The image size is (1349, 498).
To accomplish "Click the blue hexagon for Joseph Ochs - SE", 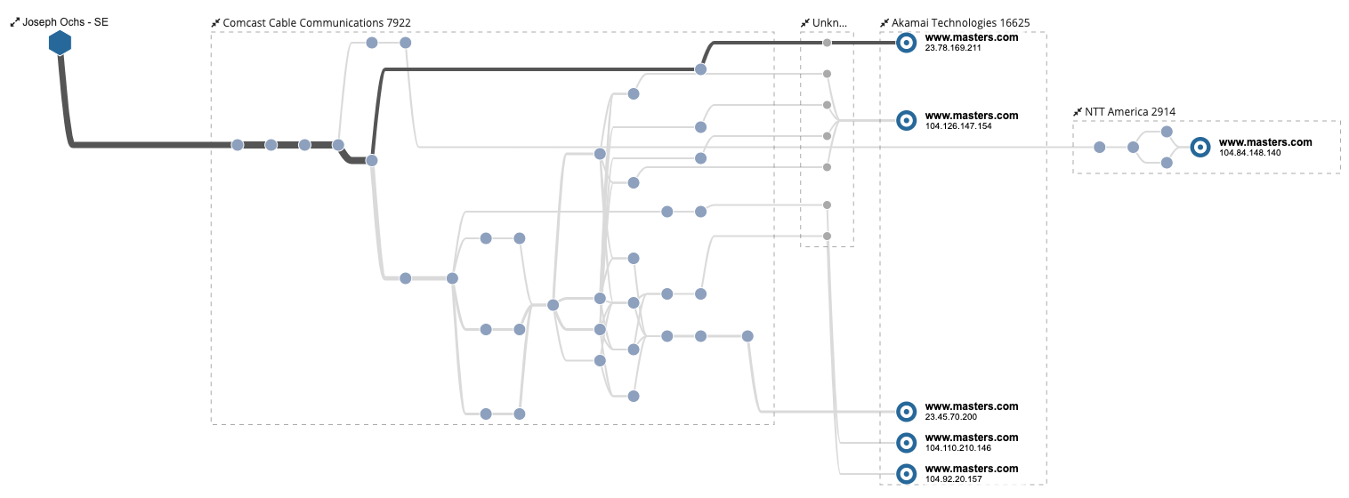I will pos(60,42).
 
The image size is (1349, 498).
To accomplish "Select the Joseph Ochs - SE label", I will pos(65,22).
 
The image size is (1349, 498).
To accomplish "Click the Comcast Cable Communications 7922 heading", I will pos(317,22).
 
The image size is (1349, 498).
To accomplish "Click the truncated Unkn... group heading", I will pos(829,22).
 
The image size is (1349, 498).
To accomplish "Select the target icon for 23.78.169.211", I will pos(906,43).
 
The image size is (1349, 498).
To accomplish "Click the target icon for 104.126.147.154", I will pos(906,120).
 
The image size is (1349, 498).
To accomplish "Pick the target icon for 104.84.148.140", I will pos(1200,147).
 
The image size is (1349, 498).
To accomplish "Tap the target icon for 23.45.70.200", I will pos(906,411).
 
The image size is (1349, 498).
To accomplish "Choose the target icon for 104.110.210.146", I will pos(906,442).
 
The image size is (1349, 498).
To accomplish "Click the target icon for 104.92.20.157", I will pos(906,473).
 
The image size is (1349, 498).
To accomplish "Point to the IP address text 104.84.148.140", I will pos(1250,153).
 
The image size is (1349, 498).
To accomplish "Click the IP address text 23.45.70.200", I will pos(950,417).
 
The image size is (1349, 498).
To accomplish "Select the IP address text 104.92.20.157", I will pos(953,479).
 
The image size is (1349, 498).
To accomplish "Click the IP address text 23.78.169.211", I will pos(953,48).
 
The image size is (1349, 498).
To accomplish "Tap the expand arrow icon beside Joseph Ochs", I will pos(14,22).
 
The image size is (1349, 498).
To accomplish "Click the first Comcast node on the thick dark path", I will pos(238,145).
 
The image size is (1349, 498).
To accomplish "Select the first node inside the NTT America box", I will pos(1100,147).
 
